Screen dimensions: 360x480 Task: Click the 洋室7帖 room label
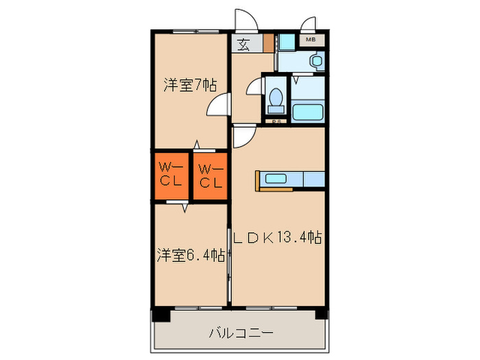(190, 86)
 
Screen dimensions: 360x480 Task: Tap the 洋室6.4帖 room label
(190, 255)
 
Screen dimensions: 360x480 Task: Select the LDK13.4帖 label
(277, 238)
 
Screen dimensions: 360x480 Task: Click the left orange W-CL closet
(171, 175)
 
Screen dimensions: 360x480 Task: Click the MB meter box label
(310, 40)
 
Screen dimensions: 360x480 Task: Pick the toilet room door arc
(254, 87)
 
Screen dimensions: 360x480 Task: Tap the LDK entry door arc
(243, 137)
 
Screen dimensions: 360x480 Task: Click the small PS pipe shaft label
(276, 122)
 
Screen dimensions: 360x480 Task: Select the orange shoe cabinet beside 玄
(268, 43)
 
